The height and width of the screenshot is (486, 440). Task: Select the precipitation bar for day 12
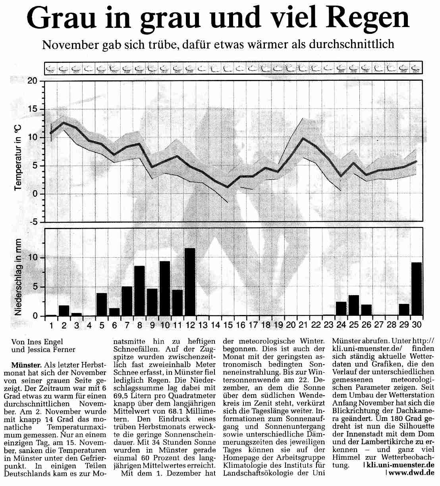190,282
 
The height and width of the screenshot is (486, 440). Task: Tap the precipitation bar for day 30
416,289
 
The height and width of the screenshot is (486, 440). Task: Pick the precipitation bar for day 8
139,291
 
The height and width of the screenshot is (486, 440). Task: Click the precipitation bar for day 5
102,304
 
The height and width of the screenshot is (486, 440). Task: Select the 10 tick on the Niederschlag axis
38,257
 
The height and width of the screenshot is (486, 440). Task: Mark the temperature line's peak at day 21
303,138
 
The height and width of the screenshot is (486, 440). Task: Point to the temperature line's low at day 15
228,187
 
